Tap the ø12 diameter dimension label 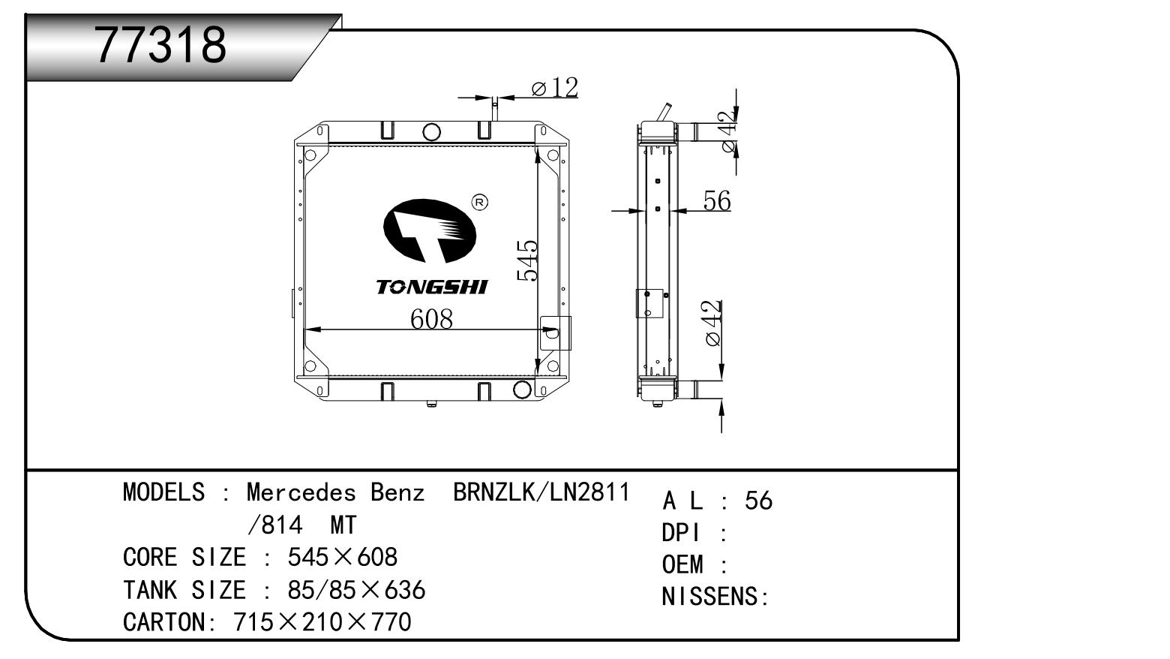555,87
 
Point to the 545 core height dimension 527,260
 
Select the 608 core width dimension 431,319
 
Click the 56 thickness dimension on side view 717,200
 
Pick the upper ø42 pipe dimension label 729,131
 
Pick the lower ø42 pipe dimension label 713,323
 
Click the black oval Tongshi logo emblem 429,230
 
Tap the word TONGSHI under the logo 431,287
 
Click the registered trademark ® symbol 479,203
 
